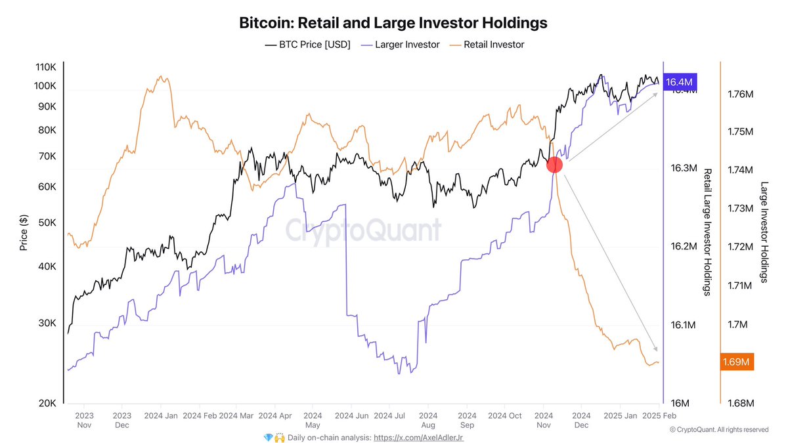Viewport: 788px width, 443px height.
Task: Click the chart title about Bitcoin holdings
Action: (x=393, y=23)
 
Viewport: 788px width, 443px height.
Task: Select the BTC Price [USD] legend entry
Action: (x=308, y=45)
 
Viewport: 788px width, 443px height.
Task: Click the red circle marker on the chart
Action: (x=554, y=165)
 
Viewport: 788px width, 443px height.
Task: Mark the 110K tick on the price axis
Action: (x=45, y=68)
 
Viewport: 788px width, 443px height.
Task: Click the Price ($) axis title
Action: (x=24, y=232)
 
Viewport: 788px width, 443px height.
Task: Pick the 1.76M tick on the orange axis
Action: (x=740, y=95)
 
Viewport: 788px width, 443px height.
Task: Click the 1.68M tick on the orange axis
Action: (x=740, y=403)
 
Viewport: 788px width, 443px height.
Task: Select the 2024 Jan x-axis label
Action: (x=160, y=415)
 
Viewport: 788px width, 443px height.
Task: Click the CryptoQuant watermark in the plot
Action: (x=363, y=231)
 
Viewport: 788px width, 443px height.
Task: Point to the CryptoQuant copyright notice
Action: (x=718, y=430)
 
